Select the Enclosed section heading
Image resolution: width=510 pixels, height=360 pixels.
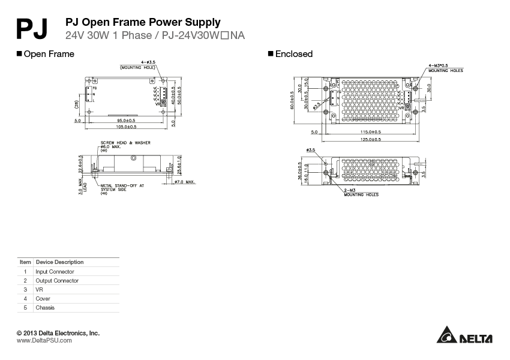(x=293, y=54)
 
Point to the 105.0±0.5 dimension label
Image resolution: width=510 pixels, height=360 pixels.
(x=126, y=127)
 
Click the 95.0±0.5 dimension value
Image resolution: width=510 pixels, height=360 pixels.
(x=126, y=121)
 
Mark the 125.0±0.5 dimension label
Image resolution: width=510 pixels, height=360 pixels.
(x=370, y=139)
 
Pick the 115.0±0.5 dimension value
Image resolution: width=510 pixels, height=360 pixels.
(x=370, y=132)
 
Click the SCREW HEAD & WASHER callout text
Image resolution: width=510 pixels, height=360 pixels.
(x=125, y=143)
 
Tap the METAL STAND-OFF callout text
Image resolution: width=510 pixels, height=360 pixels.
(x=122, y=186)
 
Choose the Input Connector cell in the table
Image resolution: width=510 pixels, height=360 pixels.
(x=55, y=272)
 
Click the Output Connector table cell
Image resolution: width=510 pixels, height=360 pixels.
(x=57, y=281)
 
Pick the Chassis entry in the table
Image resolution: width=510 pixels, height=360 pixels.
(x=45, y=308)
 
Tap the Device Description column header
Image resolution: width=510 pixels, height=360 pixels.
(x=60, y=262)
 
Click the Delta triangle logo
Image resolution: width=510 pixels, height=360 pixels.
(x=446, y=335)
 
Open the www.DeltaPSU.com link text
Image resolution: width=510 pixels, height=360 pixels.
(x=44, y=341)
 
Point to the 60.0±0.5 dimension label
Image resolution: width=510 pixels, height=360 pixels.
(x=292, y=100)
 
